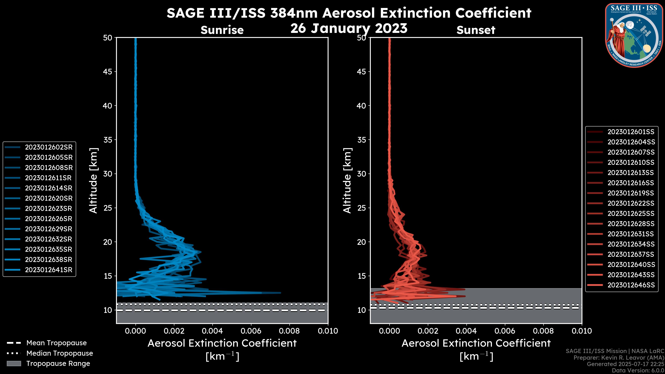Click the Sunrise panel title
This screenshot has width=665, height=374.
coord(222,30)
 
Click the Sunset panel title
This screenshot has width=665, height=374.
coord(476,30)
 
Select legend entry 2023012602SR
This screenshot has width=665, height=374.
coord(48,147)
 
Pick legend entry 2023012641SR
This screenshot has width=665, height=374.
coord(48,270)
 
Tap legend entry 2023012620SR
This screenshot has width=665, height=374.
coord(48,198)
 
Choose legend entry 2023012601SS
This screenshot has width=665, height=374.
coord(631,132)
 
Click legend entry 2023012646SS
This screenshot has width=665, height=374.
coord(631,285)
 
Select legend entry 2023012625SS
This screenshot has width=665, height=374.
coord(631,214)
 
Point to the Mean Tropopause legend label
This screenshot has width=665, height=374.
coord(56,343)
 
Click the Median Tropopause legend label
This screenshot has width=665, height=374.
coord(60,353)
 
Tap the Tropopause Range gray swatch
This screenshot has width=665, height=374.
coord(14,364)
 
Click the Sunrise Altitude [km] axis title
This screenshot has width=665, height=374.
coord(93,181)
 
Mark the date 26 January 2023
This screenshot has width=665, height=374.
coord(349,28)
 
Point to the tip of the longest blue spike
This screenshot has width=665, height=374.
coord(281,293)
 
